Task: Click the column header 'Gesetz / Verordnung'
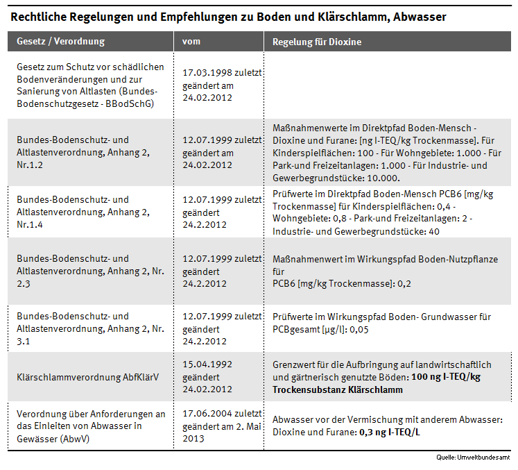point(60,42)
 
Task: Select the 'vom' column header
point(191,42)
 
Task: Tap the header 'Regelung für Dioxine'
point(317,42)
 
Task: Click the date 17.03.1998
point(206,72)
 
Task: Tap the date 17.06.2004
point(206,414)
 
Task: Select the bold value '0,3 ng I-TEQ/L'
point(393,432)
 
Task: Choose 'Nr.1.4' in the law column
point(31,224)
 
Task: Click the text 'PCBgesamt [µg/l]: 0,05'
point(320,329)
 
